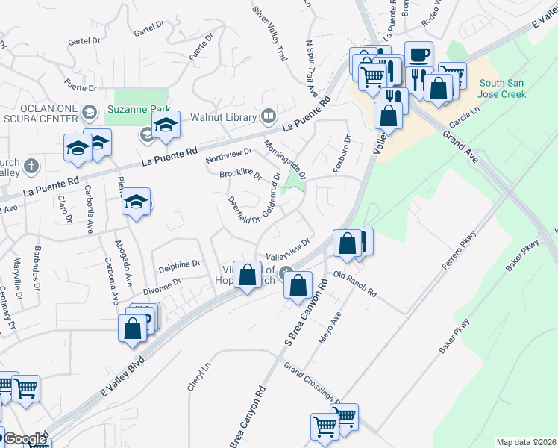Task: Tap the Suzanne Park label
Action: pyautogui.click(x=139, y=109)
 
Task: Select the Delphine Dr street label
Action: pyautogui.click(x=180, y=264)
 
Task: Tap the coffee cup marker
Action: pyautogui.click(x=419, y=55)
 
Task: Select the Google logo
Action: pyautogui.click(x=25, y=439)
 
